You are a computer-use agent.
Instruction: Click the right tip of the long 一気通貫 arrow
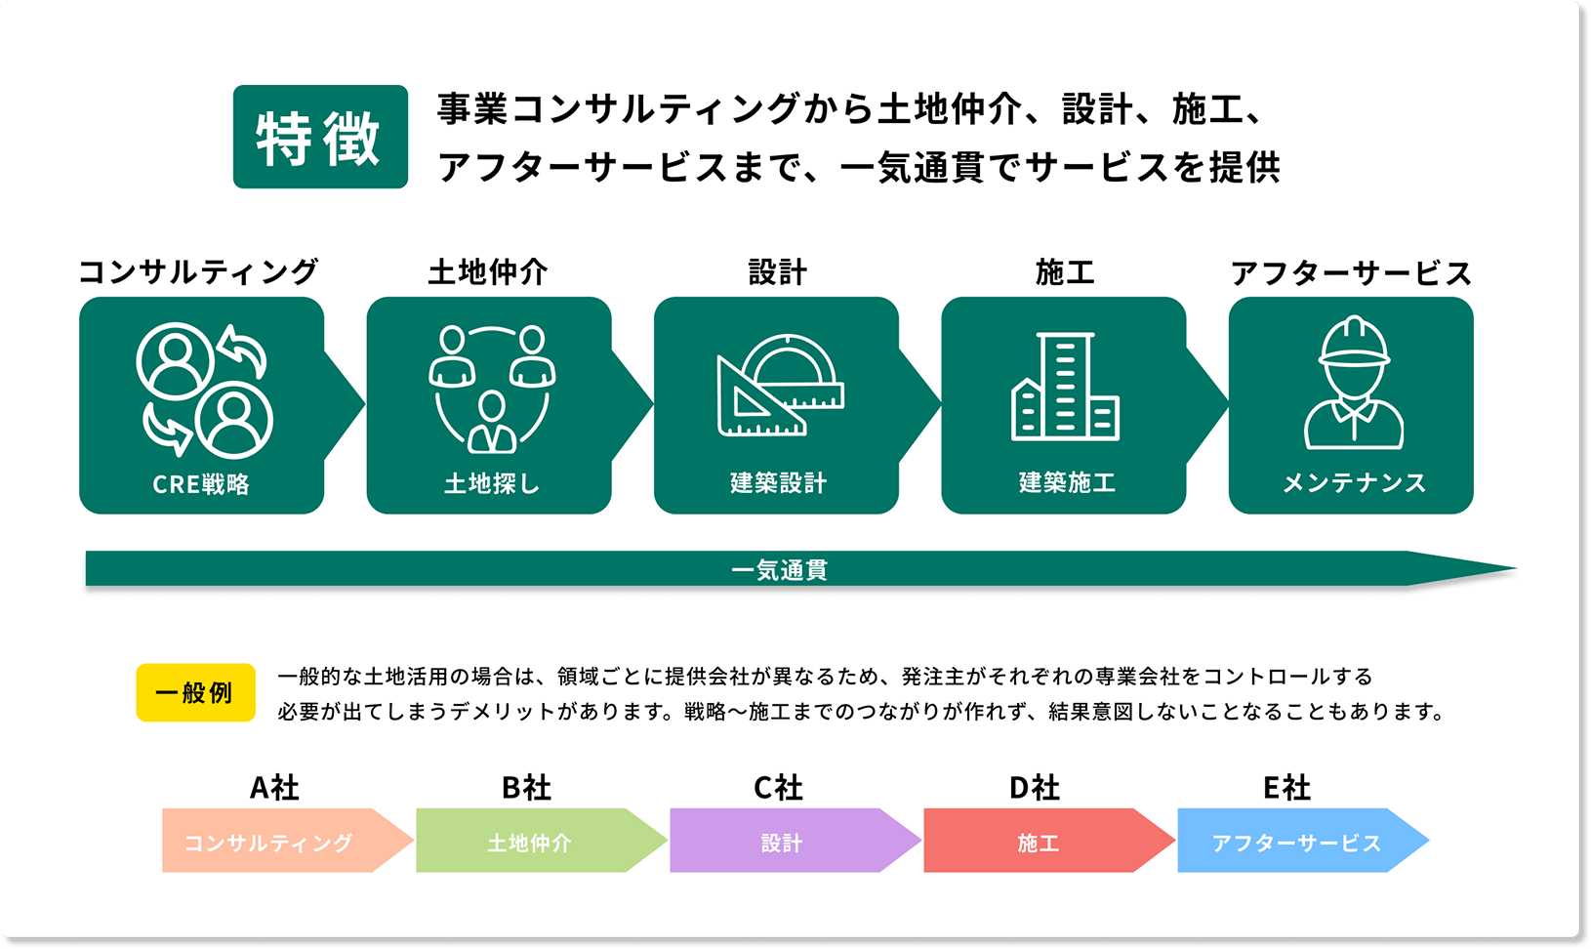(x=1517, y=568)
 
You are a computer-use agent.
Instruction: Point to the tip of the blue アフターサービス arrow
(x=1429, y=841)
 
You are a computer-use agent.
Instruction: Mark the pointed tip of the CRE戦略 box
(x=365, y=405)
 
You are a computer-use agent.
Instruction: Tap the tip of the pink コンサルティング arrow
(x=414, y=841)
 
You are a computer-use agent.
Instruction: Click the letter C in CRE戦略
(x=160, y=484)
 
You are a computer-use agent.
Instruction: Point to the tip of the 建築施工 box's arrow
(x=1228, y=405)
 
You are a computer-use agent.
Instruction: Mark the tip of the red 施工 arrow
(x=1175, y=841)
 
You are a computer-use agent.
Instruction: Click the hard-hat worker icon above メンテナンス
(x=1354, y=382)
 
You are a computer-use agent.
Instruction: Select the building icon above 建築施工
(x=1066, y=387)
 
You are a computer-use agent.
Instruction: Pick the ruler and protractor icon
(x=781, y=385)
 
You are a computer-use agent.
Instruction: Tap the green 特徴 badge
(x=320, y=137)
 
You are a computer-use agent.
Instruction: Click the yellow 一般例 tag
(x=195, y=692)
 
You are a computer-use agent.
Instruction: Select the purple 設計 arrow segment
(x=795, y=841)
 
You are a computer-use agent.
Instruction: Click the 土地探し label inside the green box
(x=492, y=483)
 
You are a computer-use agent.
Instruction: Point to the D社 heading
(x=1035, y=788)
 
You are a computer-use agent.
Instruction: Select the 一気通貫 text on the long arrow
(x=779, y=569)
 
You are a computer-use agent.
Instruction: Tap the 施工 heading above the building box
(x=1065, y=272)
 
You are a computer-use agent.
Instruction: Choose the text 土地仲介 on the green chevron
(x=529, y=844)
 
